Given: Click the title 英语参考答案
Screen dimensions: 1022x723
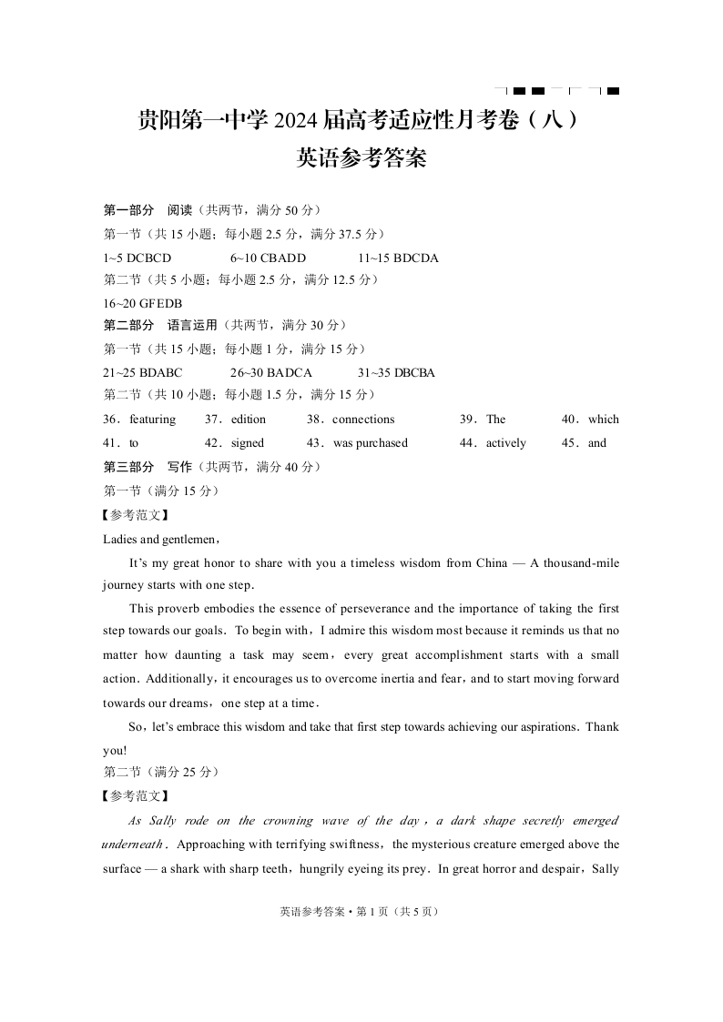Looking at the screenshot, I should pyautogui.click(x=361, y=159).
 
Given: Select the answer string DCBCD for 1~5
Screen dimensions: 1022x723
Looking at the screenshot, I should pyautogui.click(x=149, y=258).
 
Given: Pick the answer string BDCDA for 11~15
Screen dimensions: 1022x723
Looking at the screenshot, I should pyautogui.click(x=411, y=258).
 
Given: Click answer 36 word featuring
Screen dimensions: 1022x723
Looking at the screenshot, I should pyautogui.click(x=152, y=420).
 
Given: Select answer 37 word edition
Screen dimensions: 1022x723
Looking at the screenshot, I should pyautogui.click(x=249, y=420).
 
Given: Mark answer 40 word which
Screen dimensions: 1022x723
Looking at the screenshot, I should pyautogui.click(x=603, y=420).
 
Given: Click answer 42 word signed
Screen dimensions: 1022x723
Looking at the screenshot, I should pyautogui.click(x=248, y=443).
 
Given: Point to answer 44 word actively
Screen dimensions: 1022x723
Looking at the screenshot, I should pyautogui.click(x=505, y=443).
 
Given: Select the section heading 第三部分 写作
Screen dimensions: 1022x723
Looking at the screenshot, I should pyautogui.click(x=148, y=467).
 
